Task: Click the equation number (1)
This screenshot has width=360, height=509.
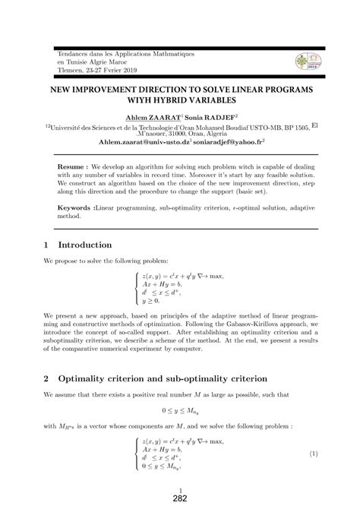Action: pyautogui.click(x=313, y=454)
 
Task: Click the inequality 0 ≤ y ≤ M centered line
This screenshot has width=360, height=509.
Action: pyautogui.click(x=179, y=406)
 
